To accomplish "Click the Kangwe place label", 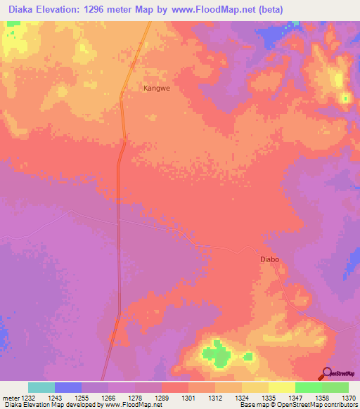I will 157,89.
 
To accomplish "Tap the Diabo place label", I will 269,259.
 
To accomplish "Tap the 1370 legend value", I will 347,398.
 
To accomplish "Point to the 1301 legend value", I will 188,398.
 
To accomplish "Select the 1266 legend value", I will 109,398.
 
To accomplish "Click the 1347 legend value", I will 295,398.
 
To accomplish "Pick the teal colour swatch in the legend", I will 41,387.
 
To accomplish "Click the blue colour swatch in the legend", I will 68,387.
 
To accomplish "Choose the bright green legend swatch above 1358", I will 308,387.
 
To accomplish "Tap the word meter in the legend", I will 11,398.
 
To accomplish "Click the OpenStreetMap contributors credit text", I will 320,405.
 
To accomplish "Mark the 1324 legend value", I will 242,398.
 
